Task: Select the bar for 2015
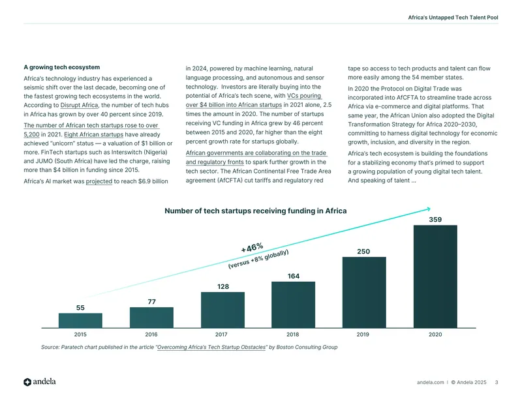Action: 80,320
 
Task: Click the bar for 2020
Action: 435,276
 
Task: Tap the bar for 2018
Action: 293,305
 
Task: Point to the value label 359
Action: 435,220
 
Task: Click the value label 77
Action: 151,302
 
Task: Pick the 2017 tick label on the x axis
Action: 221,335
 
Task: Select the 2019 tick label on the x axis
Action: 363,335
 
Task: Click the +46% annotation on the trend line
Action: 252,248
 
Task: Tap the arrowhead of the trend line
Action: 429,209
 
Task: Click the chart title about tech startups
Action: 256,211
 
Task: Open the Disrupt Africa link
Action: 79,105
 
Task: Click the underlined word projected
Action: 99,181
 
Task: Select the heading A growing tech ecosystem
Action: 61,67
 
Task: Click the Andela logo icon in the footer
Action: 27,382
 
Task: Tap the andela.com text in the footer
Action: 430,382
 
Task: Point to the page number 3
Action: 497,382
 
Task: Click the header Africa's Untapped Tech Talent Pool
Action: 453,18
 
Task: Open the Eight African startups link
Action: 93,134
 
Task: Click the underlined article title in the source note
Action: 211,347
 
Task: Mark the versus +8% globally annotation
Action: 258,260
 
